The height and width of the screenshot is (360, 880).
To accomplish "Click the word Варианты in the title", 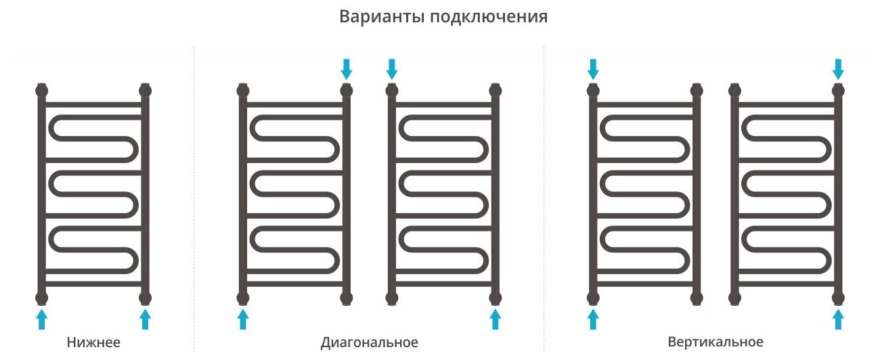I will pyautogui.click(x=380, y=17).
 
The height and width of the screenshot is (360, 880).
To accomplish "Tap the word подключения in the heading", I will pyautogui.click(x=488, y=18).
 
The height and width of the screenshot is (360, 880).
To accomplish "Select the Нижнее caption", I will pyautogui.click(x=93, y=342).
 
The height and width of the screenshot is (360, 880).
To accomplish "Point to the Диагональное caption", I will pyautogui.click(x=370, y=342).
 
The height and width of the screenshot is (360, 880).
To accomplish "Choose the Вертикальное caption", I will pyautogui.click(x=715, y=342).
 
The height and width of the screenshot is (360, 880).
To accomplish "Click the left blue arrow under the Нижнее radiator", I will pyautogui.click(x=42, y=319).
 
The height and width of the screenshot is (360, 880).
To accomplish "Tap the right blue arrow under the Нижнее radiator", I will pyautogui.click(x=145, y=319).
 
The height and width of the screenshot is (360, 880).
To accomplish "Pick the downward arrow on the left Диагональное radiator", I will pyautogui.click(x=347, y=68).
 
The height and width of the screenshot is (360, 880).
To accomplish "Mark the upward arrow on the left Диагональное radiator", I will pyautogui.click(x=243, y=319).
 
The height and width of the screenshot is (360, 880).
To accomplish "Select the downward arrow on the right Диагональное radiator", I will pyautogui.click(x=392, y=68).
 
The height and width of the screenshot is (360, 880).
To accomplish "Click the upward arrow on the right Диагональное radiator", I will pyautogui.click(x=496, y=319).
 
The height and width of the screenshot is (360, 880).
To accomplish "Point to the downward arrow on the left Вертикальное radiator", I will pyautogui.click(x=593, y=68).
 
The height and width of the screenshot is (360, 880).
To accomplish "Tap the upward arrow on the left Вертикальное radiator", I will pyautogui.click(x=593, y=319).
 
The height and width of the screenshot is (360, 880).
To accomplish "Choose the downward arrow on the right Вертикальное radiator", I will pyautogui.click(x=838, y=68).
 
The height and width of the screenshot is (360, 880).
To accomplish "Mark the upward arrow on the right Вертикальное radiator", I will pyautogui.click(x=838, y=319).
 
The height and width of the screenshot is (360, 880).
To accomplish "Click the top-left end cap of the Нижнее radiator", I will pyautogui.click(x=42, y=90).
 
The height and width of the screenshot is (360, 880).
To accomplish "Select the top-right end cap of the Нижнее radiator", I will pyautogui.click(x=145, y=90).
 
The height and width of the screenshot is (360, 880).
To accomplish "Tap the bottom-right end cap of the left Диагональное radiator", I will pyautogui.click(x=347, y=298).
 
